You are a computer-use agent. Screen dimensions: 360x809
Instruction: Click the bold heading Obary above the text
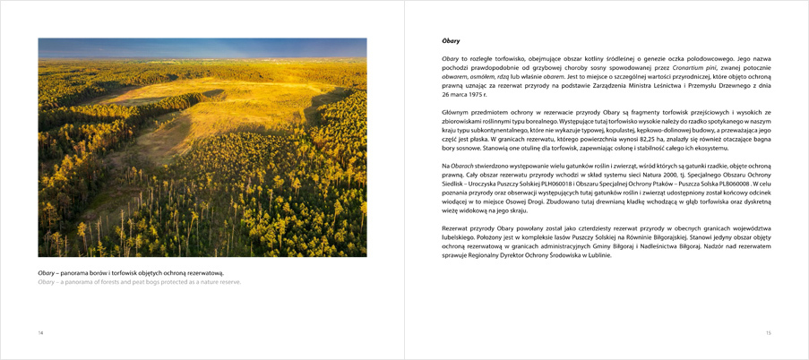click(451, 40)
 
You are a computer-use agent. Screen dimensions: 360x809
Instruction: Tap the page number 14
click(40, 332)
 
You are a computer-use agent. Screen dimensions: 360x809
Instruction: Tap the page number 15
click(768, 332)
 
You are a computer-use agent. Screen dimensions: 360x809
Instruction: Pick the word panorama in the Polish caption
click(75, 272)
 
